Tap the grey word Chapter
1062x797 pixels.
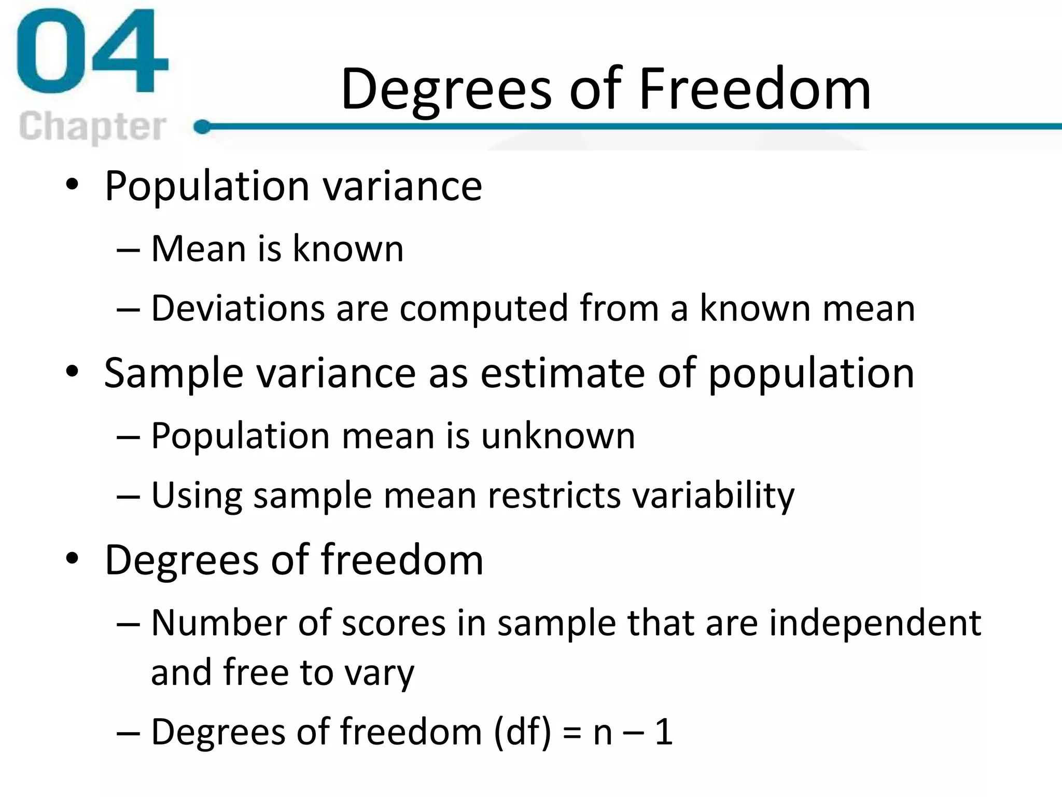[x=92, y=126]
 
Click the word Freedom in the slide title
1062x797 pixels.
[x=754, y=89]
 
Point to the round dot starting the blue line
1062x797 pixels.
[x=201, y=127]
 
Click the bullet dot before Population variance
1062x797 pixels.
[x=72, y=185]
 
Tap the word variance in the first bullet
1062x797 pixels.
[x=402, y=186]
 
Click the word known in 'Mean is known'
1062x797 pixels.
[x=348, y=249]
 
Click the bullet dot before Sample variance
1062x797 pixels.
[x=72, y=372]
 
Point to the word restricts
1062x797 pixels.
[x=554, y=495]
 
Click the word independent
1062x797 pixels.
[x=875, y=623]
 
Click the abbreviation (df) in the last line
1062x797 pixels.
[x=522, y=732]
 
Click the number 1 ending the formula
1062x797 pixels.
[x=664, y=732]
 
